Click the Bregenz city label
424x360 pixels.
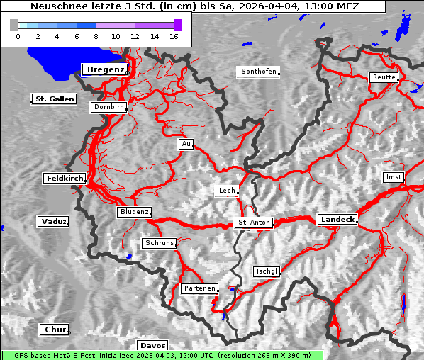[106, 69]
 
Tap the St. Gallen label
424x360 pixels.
[54, 99]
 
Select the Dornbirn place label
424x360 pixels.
[108, 108]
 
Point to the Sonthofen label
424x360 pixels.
[259, 72]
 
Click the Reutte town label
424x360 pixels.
[384, 77]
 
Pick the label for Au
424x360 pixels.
[186, 145]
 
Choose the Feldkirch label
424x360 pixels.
[65, 179]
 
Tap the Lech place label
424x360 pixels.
[227, 191]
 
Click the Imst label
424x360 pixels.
[393, 177]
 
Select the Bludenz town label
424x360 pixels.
[135, 212]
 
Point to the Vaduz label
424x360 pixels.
[53, 222]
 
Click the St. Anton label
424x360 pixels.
[253, 223]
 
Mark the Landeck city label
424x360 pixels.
[337, 220]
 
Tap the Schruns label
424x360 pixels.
[159, 243]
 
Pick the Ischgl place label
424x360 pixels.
[267, 271]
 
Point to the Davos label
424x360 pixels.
[153, 346]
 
